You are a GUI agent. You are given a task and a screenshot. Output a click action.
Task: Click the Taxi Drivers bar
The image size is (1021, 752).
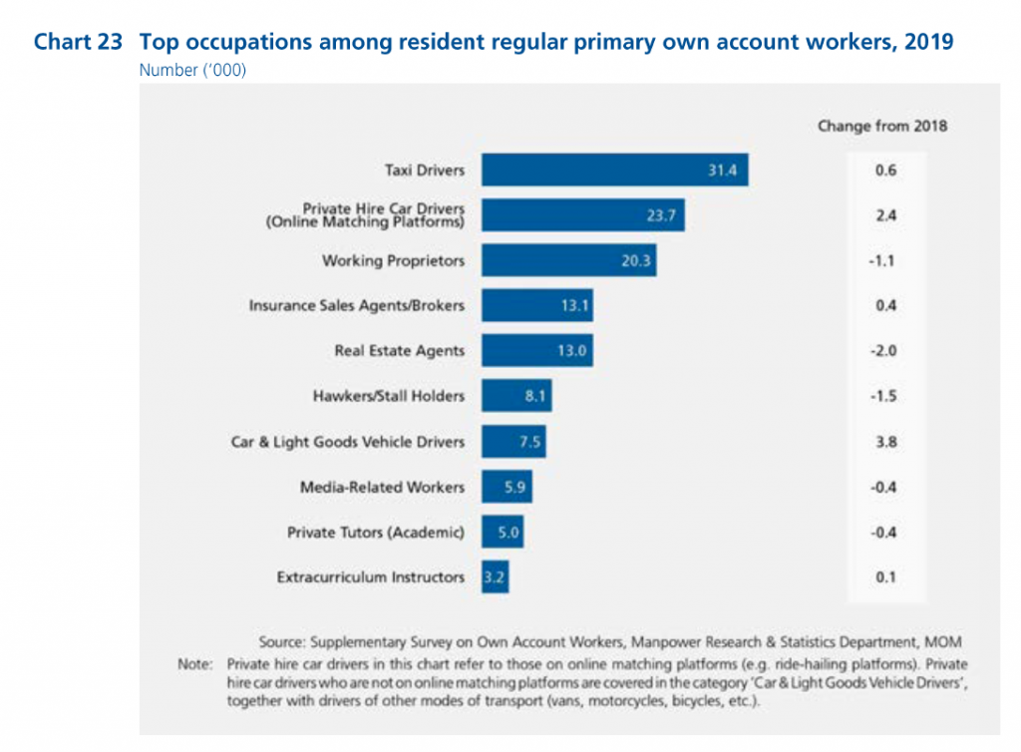(614, 171)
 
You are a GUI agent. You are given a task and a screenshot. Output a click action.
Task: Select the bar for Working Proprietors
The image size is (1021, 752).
(568, 260)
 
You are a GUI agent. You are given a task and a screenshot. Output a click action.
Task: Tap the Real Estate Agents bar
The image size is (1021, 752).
(536, 351)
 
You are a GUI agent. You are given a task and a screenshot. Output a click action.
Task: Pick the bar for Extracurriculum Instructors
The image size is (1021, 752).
(496, 576)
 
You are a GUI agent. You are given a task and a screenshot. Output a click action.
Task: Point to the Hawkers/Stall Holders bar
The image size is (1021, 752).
(516, 396)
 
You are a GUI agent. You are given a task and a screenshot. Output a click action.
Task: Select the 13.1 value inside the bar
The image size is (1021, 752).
(571, 306)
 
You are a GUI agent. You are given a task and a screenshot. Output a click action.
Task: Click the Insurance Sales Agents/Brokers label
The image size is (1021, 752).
(356, 305)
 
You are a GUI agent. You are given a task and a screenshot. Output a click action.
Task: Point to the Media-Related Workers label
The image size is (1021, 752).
(382, 487)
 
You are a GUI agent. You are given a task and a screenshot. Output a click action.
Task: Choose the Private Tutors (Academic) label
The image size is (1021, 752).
(376, 532)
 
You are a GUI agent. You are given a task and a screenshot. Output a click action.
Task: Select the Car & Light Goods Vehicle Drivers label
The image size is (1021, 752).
(347, 441)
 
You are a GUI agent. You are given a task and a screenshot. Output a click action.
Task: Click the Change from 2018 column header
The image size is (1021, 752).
(882, 126)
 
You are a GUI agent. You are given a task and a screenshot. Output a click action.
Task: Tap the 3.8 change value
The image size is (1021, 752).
(884, 441)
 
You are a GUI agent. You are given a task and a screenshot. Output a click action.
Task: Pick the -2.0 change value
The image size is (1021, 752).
(884, 351)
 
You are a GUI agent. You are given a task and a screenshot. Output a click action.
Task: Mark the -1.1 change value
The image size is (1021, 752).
(884, 260)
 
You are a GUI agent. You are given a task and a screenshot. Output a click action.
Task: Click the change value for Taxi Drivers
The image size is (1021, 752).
(884, 171)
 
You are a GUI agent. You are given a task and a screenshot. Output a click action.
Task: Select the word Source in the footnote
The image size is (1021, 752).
(281, 641)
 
